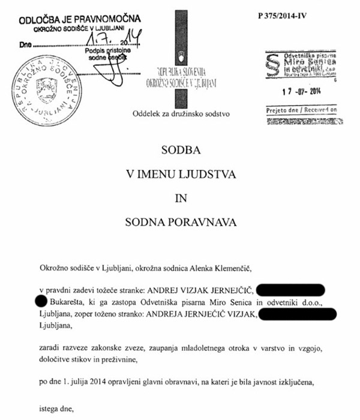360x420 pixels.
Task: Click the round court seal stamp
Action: (47, 86)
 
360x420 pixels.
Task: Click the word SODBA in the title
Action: (181, 150)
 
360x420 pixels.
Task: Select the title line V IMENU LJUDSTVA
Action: (181, 175)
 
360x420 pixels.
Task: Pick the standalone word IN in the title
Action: (181, 199)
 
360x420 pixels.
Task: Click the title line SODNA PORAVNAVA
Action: (181, 223)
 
